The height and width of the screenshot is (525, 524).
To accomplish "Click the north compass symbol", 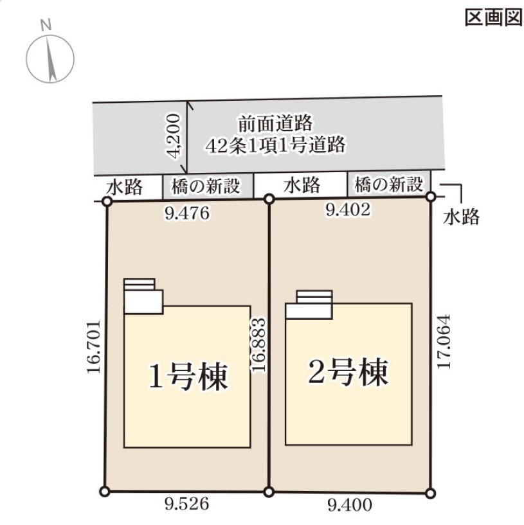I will [50, 57].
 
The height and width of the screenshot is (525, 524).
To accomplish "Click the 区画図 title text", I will [492, 18].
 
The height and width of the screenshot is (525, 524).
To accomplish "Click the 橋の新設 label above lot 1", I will [206, 186].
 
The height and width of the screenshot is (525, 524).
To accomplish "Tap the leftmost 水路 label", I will [125, 187].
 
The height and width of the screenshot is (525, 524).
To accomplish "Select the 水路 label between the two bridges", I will [302, 186].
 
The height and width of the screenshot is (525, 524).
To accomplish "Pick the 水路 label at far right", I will [462, 217].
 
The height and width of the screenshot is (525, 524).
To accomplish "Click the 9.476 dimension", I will [187, 214].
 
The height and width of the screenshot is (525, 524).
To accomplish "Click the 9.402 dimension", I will [348, 210].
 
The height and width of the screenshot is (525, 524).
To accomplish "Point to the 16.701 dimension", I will [93, 348].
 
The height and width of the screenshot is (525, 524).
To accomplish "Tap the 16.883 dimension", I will [259, 344].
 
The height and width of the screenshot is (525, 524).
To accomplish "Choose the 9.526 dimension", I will [186, 504].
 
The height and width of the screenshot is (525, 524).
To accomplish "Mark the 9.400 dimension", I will [350, 506].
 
